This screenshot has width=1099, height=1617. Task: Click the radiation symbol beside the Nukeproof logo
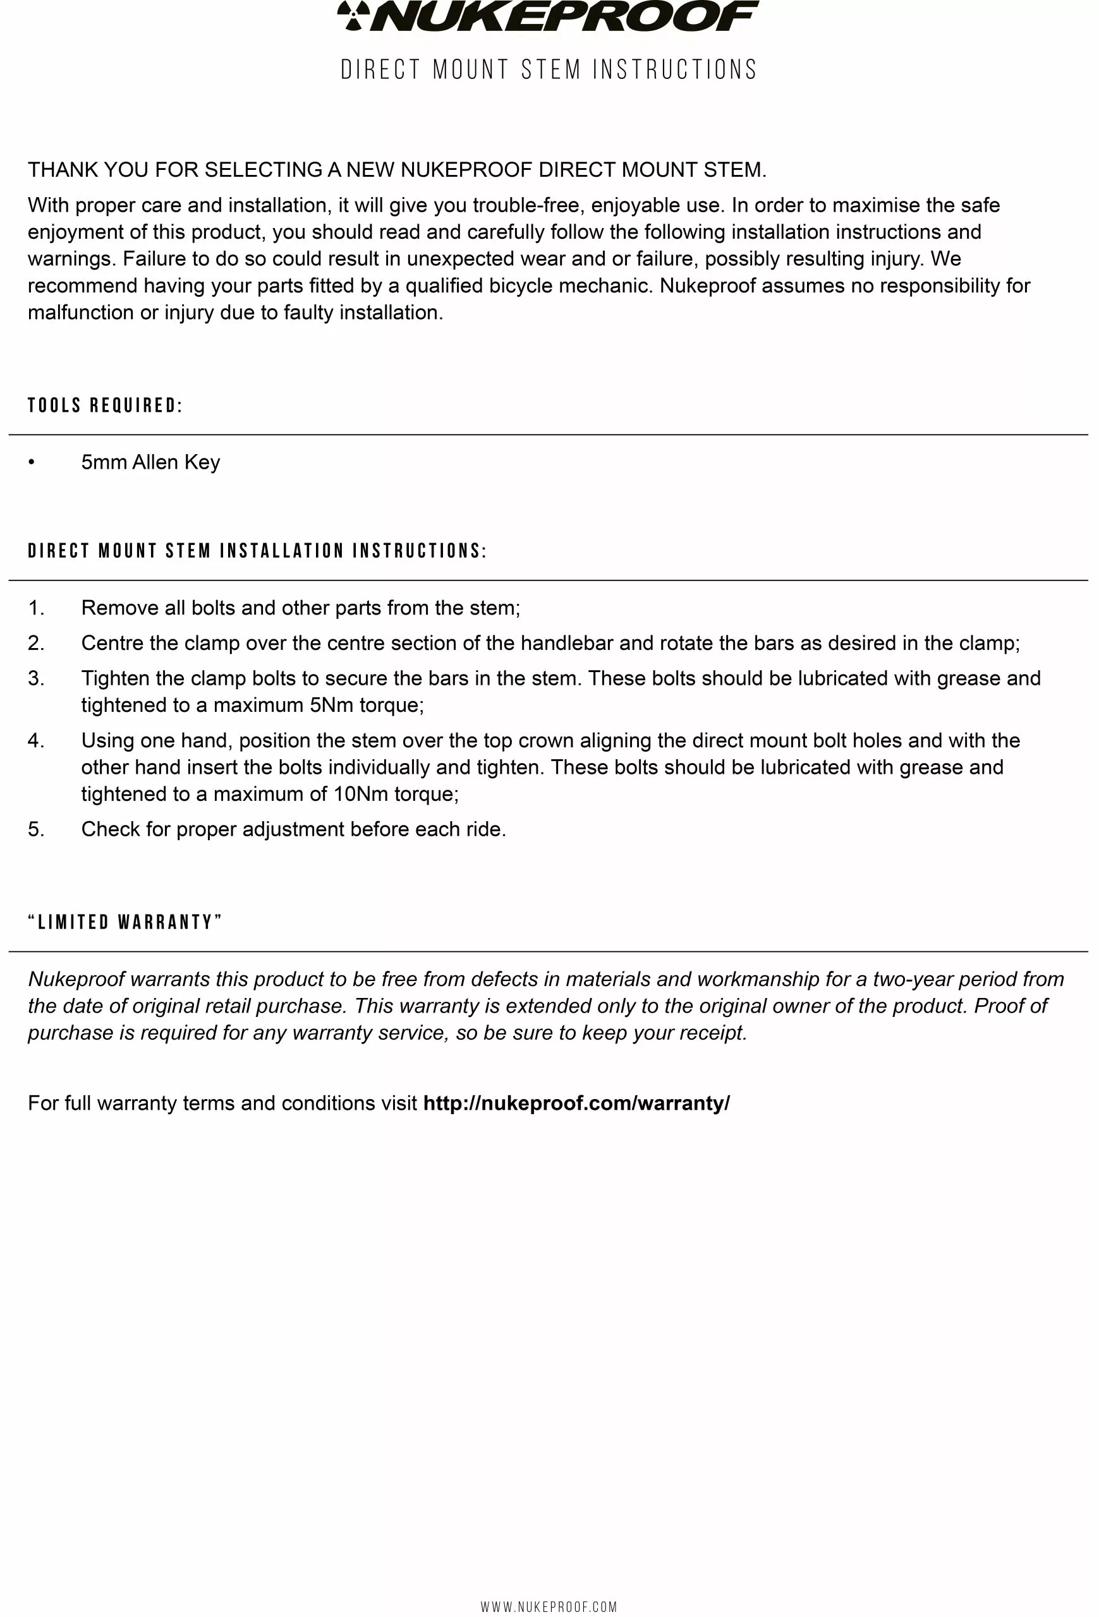tap(353, 16)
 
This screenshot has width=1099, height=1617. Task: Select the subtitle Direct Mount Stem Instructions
tap(549, 69)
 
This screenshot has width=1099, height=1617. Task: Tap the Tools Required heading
tap(105, 406)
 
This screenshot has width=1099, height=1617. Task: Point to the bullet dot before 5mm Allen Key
tap(32, 463)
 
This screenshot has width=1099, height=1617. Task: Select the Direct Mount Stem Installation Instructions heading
tap(257, 551)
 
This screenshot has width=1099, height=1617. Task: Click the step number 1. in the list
tap(36, 608)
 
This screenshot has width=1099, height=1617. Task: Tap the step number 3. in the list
tap(36, 678)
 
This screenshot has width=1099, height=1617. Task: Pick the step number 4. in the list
tap(36, 740)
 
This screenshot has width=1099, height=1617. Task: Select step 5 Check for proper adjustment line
tap(293, 829)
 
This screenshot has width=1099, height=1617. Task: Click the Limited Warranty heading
tap(125, 923)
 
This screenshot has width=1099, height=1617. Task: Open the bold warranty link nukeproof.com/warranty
tap(576, 1103)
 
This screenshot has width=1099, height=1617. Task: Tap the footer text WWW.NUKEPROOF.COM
tap(549, 1606)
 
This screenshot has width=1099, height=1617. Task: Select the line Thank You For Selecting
tap(397, 170)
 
